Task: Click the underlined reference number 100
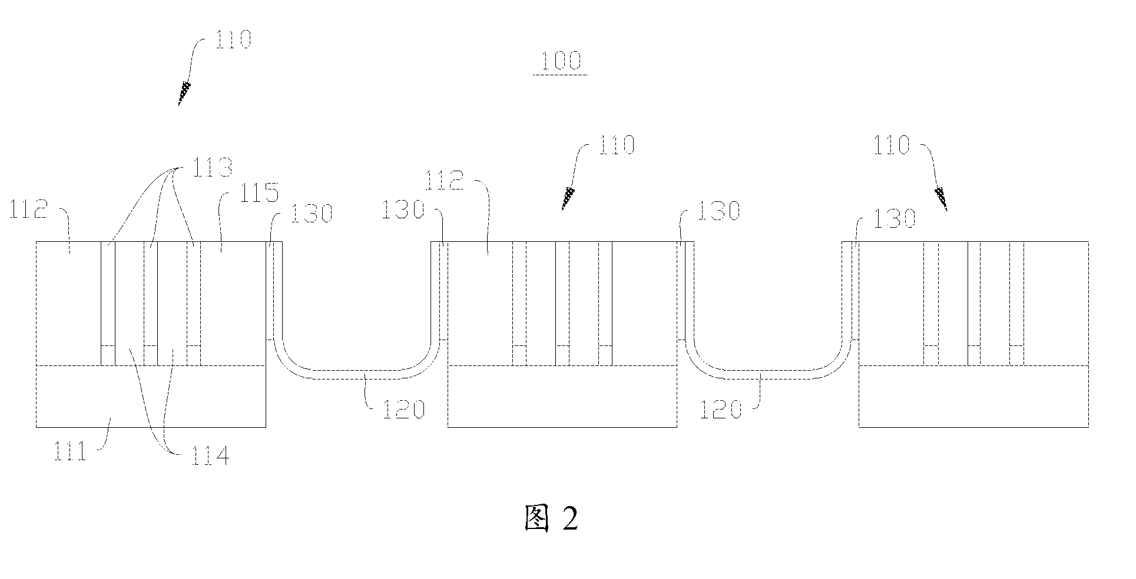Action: [x=560, y=62]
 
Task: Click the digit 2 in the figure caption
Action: [x=571, y=518]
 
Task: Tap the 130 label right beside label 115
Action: [x=311, y=213]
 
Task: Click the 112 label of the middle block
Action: [x=445, y=181]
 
